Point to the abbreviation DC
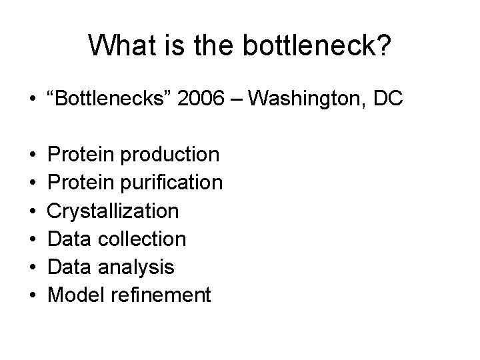[387, 99]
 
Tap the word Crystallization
[114, 211]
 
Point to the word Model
[73, 295]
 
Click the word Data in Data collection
[70, 239]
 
